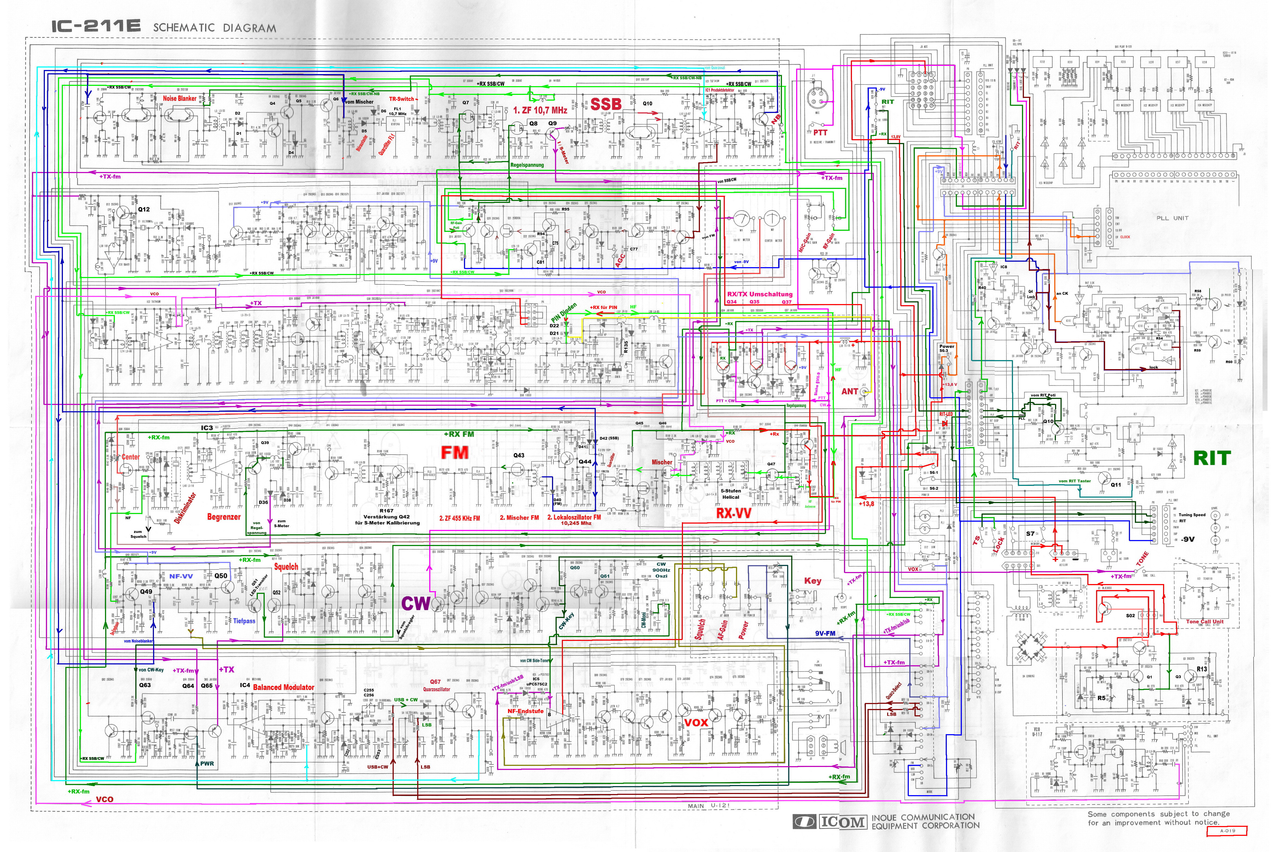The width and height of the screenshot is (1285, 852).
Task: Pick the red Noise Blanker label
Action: pyautogui.click(x=179, y=98)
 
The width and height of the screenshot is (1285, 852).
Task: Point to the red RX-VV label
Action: pyautogui.click(x=734, y=513)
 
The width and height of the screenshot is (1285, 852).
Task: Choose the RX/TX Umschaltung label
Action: pyautogui.click(x=760, y=294)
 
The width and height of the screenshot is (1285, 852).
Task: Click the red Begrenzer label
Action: pyautogui.click(x=223, y=517)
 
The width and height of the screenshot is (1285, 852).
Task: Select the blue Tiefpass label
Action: pyautogui.click(x=244, y=620)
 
